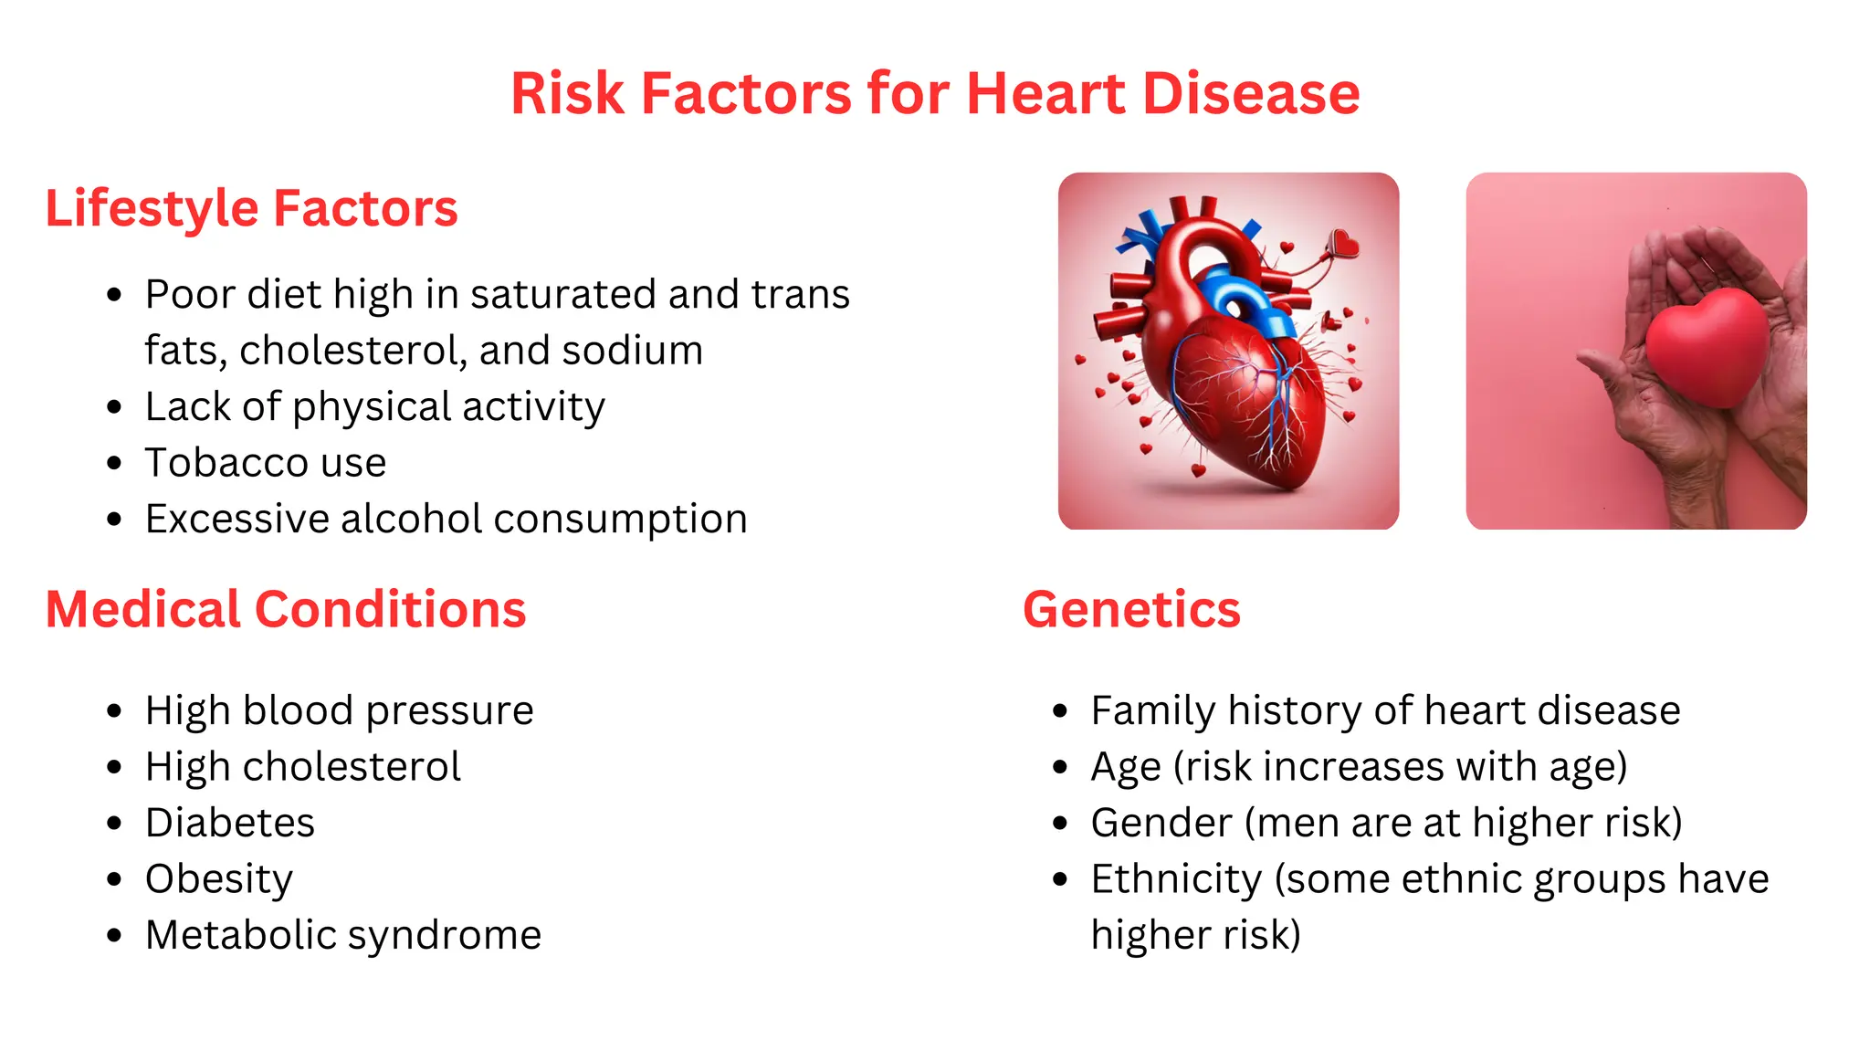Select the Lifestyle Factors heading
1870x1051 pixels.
point(251,209)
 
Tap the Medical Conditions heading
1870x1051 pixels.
point(286,610)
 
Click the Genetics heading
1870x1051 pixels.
point(1131,610)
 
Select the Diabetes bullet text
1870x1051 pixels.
point(230,823)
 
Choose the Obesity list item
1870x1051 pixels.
point(219,879)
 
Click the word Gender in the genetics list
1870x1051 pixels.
point(1161,823)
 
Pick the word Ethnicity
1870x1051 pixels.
point(1176,879)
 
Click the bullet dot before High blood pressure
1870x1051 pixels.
point(114,711)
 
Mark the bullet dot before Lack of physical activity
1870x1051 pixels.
point(114,407)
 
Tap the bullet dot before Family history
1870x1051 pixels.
point(1060,711)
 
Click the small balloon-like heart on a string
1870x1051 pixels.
point(1343,243)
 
